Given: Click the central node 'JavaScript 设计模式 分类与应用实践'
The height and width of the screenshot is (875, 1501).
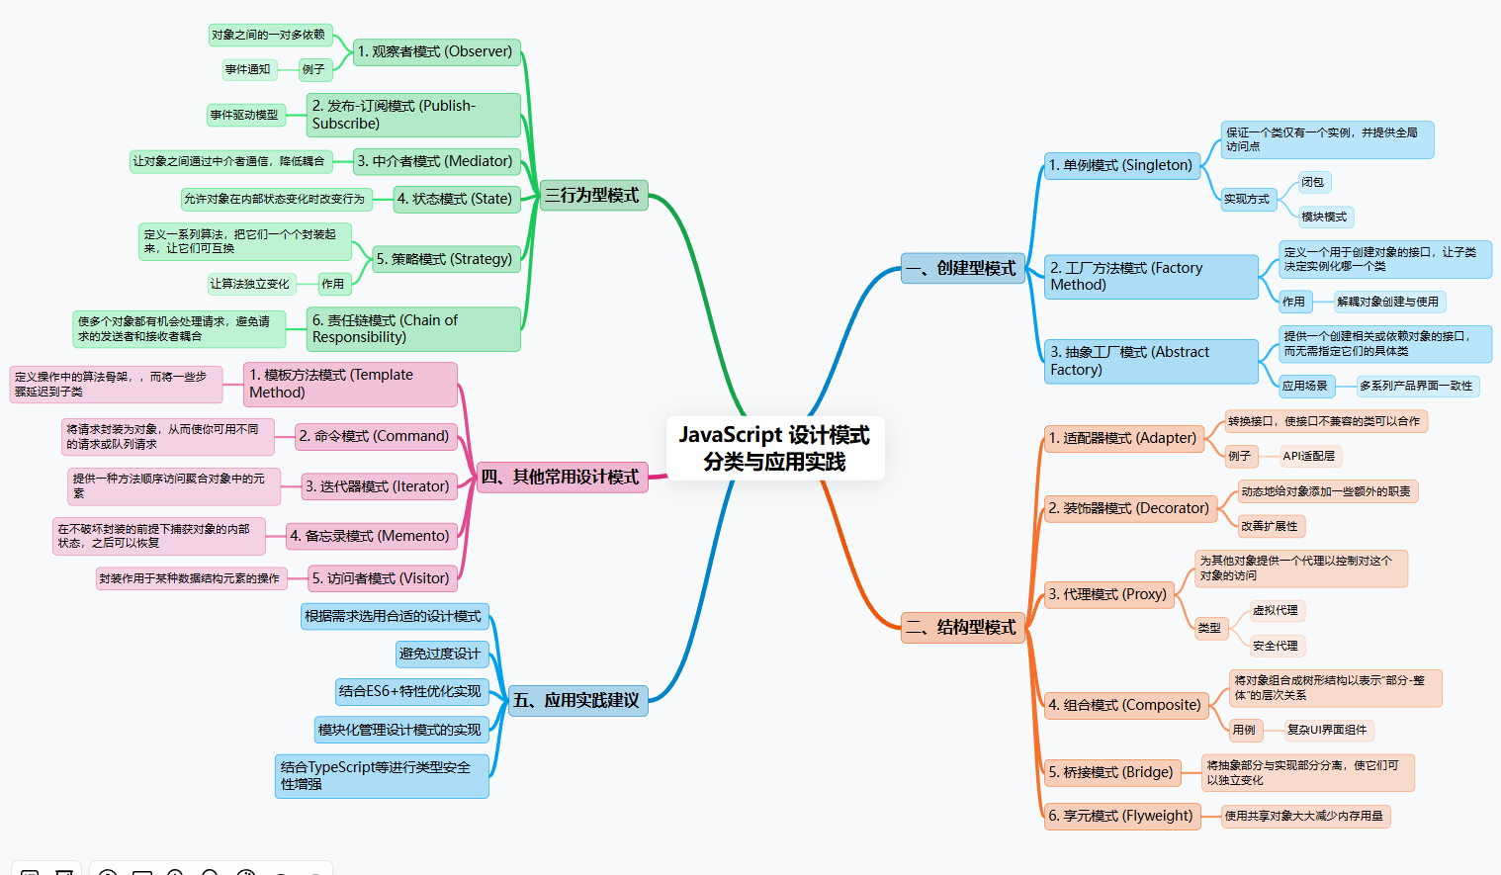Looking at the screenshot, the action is [775, 448].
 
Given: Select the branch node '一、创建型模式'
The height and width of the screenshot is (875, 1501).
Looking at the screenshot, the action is [962, 268].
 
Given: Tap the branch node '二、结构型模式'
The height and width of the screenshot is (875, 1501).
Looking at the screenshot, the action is [962, 627].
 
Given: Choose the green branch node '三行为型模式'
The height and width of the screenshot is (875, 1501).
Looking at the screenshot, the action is [593, 195].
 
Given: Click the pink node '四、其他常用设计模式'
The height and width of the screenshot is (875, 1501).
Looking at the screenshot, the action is [562, 477].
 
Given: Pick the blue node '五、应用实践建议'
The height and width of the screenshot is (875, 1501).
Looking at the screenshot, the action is [577, 700].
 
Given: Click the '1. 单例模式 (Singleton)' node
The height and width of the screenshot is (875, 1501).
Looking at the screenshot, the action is [1121, 165].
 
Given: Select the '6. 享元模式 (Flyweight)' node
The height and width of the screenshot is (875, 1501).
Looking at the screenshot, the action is [1121, 816].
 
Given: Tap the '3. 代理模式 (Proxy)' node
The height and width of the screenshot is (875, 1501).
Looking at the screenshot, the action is [1109, 594].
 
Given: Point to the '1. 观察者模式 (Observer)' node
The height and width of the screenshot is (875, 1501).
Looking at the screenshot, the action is [436, 51].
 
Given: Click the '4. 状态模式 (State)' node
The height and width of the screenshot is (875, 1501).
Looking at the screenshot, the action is [456, 199].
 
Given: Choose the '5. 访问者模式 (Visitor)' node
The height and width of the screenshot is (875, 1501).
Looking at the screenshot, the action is [382, 578].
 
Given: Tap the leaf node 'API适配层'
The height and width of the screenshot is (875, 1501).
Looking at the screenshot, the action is [1309, 456].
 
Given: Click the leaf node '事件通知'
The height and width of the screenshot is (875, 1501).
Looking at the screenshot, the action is [248, 69].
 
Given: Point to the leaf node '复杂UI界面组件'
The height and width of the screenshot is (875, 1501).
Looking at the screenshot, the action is [1328, 730].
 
